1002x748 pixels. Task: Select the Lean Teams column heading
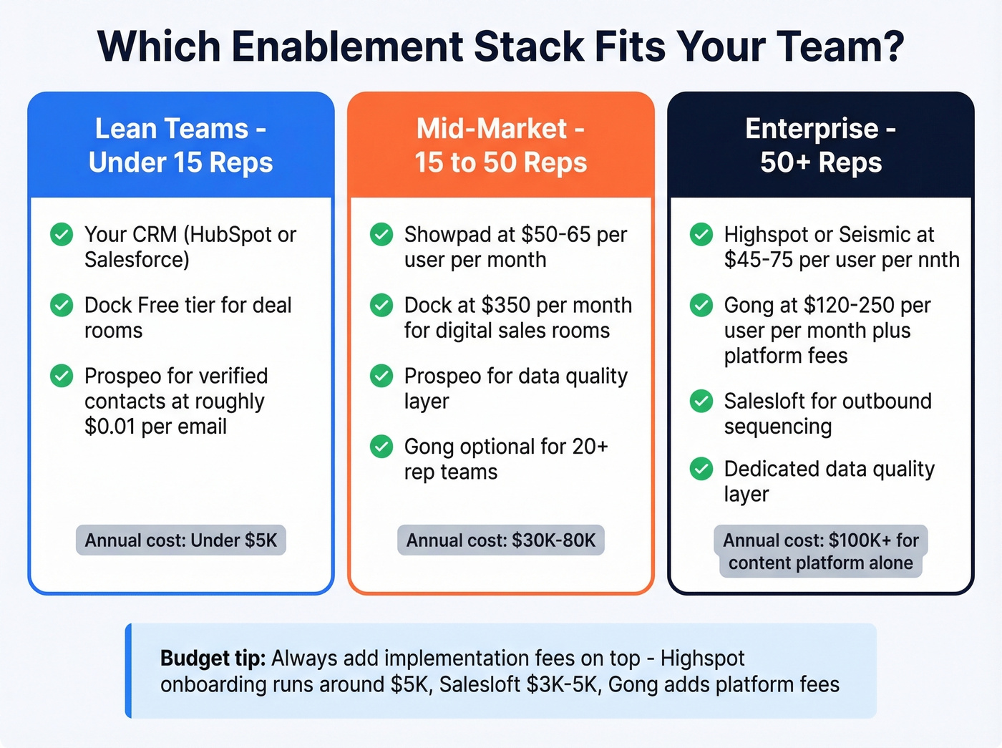181,145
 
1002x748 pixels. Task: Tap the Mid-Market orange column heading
501,145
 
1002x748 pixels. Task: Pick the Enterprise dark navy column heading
821,145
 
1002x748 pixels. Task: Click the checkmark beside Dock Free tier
62,305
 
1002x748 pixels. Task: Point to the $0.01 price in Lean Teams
110,427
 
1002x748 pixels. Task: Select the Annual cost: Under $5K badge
181,540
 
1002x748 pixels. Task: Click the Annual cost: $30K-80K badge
501,540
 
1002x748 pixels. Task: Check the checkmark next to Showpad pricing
381,234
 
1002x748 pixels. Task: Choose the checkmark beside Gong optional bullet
381,447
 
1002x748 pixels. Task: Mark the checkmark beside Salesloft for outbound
701,401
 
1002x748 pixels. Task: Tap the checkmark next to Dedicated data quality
701,469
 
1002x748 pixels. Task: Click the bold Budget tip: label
213,659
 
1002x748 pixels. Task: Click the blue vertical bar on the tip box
129,671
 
